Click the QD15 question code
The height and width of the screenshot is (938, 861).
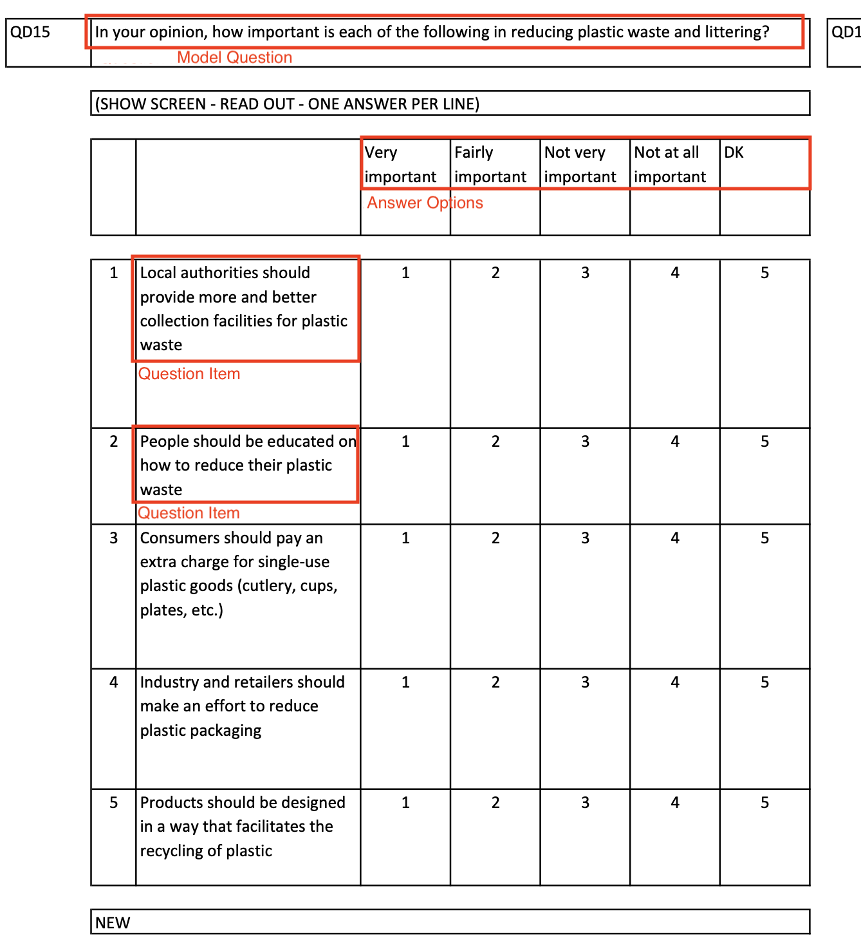[x=30, y=32]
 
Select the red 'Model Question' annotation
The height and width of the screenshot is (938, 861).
[x=234, y=57]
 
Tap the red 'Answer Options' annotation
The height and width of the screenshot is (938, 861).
[x=425, y=203]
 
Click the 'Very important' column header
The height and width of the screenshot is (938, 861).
[x=400, y=165]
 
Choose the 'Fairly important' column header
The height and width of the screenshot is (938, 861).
[x=490, y=165]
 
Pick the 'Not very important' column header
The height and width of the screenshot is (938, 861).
[x=580, y=165]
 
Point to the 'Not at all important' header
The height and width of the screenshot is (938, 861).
[x=670, y=165]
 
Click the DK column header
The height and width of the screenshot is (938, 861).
[x=734, y=153]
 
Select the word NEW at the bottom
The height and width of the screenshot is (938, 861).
[x=113, y=923]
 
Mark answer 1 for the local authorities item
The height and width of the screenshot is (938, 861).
[x=405, y=273]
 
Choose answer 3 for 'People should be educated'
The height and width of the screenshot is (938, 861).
[x=585, y=442]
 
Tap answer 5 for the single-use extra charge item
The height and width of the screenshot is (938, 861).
[x=764, y=538]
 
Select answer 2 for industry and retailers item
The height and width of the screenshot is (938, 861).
[x=495, y=682]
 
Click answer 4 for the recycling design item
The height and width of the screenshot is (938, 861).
[x=675, y=803]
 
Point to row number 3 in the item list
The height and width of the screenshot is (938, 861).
[x=114, y=538]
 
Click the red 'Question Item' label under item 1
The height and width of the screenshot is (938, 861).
[x=189, y=374]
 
